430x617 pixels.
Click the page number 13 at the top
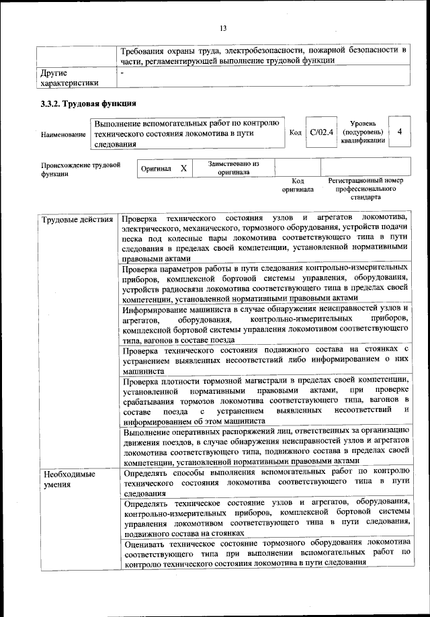point(223,28)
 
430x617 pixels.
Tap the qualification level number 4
point(400,132)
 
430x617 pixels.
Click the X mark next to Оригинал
point(183,168)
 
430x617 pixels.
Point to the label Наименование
point(63,135)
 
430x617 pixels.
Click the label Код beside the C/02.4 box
point(295,132)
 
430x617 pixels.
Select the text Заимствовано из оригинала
point(233,167)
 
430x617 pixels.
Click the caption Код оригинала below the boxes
point(298,186)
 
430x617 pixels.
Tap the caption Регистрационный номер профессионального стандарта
point(365,189)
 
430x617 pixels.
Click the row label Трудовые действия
point(77,220)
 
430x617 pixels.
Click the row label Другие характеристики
point(70,77)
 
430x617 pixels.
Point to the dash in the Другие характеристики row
point(122,71)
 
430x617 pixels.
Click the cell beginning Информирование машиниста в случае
point(265,325)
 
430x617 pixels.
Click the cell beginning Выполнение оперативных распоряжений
point(265,446)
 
